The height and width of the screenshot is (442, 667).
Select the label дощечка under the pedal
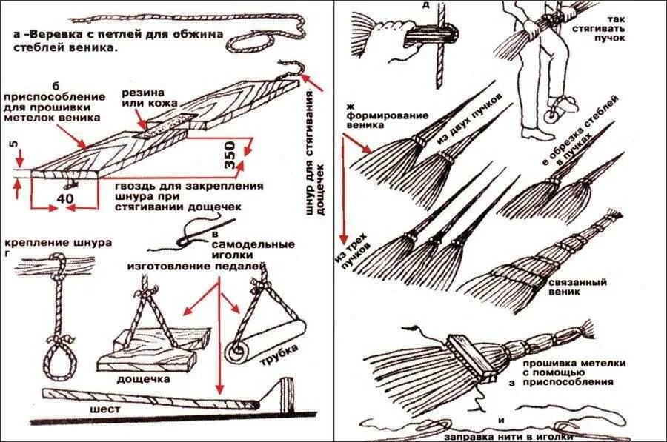point(143,378)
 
